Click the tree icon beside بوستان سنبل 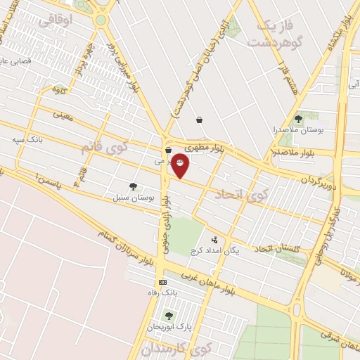pyautogui.click(x=133, y=186)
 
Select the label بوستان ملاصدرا pyautogui.click(x=299, y=131)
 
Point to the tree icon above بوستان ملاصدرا pyautogui.click(x=299, y=120)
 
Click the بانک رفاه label pyautogui.click(x=160, y=292)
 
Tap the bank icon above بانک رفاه pyautogui.click(x=163, y=282)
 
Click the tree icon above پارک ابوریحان pyautogui.click(x=168, y=316)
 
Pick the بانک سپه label pyautogui.click(x=27, y=140)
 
